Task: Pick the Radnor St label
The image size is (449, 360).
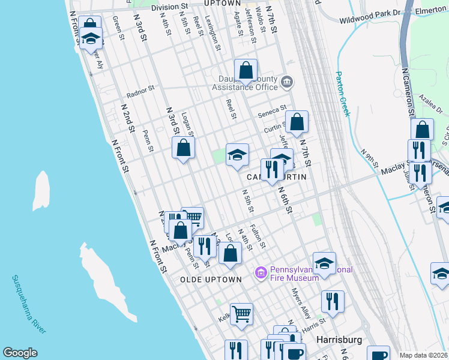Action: (x=140, y=91)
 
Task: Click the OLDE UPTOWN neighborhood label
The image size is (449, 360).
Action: (x=210, y=280)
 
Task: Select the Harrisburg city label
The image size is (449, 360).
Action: (x=339, y=340)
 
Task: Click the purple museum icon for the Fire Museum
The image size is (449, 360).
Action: (x=261, y=273)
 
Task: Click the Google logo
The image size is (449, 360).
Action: (x=19, y=353)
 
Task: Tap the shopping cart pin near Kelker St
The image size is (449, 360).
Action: (x=241, y=313)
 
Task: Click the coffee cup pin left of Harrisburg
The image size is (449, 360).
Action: (x=294, y=352)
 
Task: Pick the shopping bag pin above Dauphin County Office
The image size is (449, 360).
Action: (x=246, y=71)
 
